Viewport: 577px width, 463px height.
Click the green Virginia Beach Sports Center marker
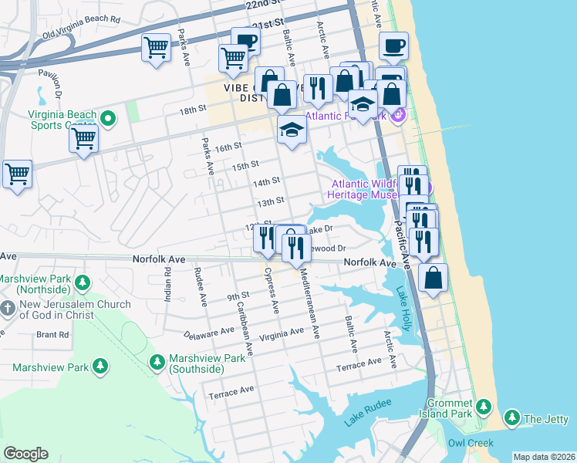(108, 120)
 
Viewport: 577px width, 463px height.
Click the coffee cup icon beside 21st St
(245, 41)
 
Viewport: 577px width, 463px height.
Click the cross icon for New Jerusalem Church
(8, 309)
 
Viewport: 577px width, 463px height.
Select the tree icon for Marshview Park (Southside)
(157, 361)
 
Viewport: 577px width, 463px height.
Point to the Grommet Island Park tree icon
(483, 406)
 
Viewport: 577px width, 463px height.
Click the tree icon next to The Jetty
(511, 418)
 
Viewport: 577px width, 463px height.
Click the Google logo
(25, 453)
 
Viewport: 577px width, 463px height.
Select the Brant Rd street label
(52, 335)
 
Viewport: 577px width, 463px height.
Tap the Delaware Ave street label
(208, 334)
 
